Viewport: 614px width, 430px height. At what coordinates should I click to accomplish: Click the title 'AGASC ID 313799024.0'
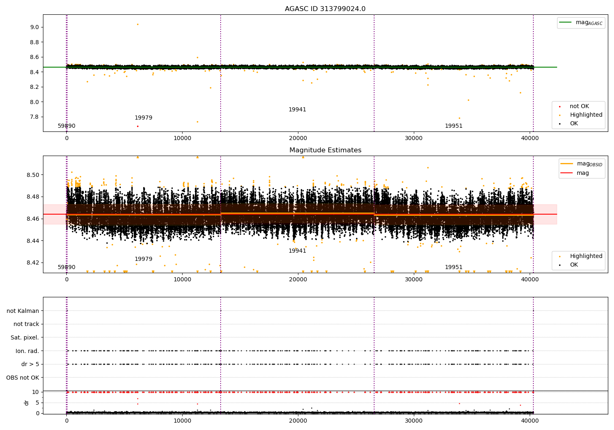(325, 9)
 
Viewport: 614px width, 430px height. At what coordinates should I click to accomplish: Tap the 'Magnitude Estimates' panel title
(325, 150)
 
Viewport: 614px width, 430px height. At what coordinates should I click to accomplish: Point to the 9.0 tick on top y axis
(34, 27)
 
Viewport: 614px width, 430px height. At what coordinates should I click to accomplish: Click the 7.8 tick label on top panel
(34, 117)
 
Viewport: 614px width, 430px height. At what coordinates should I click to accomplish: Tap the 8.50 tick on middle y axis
(33, 175)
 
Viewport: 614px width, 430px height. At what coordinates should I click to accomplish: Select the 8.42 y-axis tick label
(33, 263)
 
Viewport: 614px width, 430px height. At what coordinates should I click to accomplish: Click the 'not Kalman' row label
(23, 311)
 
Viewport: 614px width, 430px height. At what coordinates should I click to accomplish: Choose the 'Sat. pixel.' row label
(25, 338)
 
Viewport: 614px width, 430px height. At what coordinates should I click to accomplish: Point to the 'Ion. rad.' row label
(27, 351)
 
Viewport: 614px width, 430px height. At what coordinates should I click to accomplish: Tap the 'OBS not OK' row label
(23, 378)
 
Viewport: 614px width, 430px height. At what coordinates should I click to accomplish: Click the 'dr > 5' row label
(30, 364)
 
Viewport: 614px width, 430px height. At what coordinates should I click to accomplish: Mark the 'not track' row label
(26, 324)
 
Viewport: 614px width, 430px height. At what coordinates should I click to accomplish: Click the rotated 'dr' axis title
(27, 403)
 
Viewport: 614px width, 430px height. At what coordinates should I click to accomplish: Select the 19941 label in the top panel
(297, 110)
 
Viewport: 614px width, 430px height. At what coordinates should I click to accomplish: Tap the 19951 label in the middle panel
(454, 267)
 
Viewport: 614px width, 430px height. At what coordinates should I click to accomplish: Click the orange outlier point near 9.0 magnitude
(138, 24)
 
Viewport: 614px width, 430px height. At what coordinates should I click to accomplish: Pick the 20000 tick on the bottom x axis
(298, 420)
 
